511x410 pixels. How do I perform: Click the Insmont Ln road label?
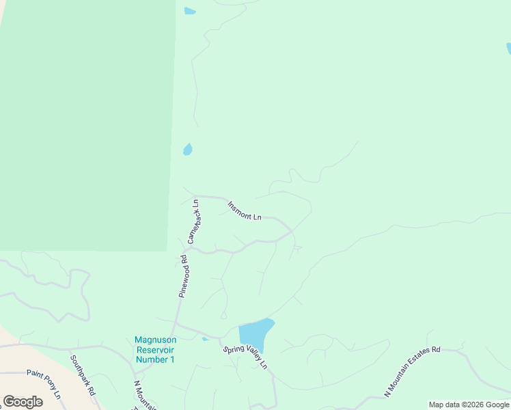(244, 210)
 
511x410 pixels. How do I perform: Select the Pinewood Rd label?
(183, 275)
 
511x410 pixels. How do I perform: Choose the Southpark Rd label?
(82, 370)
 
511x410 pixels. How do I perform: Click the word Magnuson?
(155, 340)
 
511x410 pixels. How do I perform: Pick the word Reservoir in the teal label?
(155, 349)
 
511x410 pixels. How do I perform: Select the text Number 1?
(155, 359)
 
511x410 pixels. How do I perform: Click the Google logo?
(23, 402)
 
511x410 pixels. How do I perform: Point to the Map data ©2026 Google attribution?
(469, 405)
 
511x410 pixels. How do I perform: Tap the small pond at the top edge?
(189, 11)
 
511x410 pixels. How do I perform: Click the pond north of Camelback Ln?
(187, 149)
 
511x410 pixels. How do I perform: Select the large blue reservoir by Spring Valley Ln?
(254, 333)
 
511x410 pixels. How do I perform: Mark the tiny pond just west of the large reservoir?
(205, 339)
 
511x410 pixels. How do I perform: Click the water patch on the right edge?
(508, 48)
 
